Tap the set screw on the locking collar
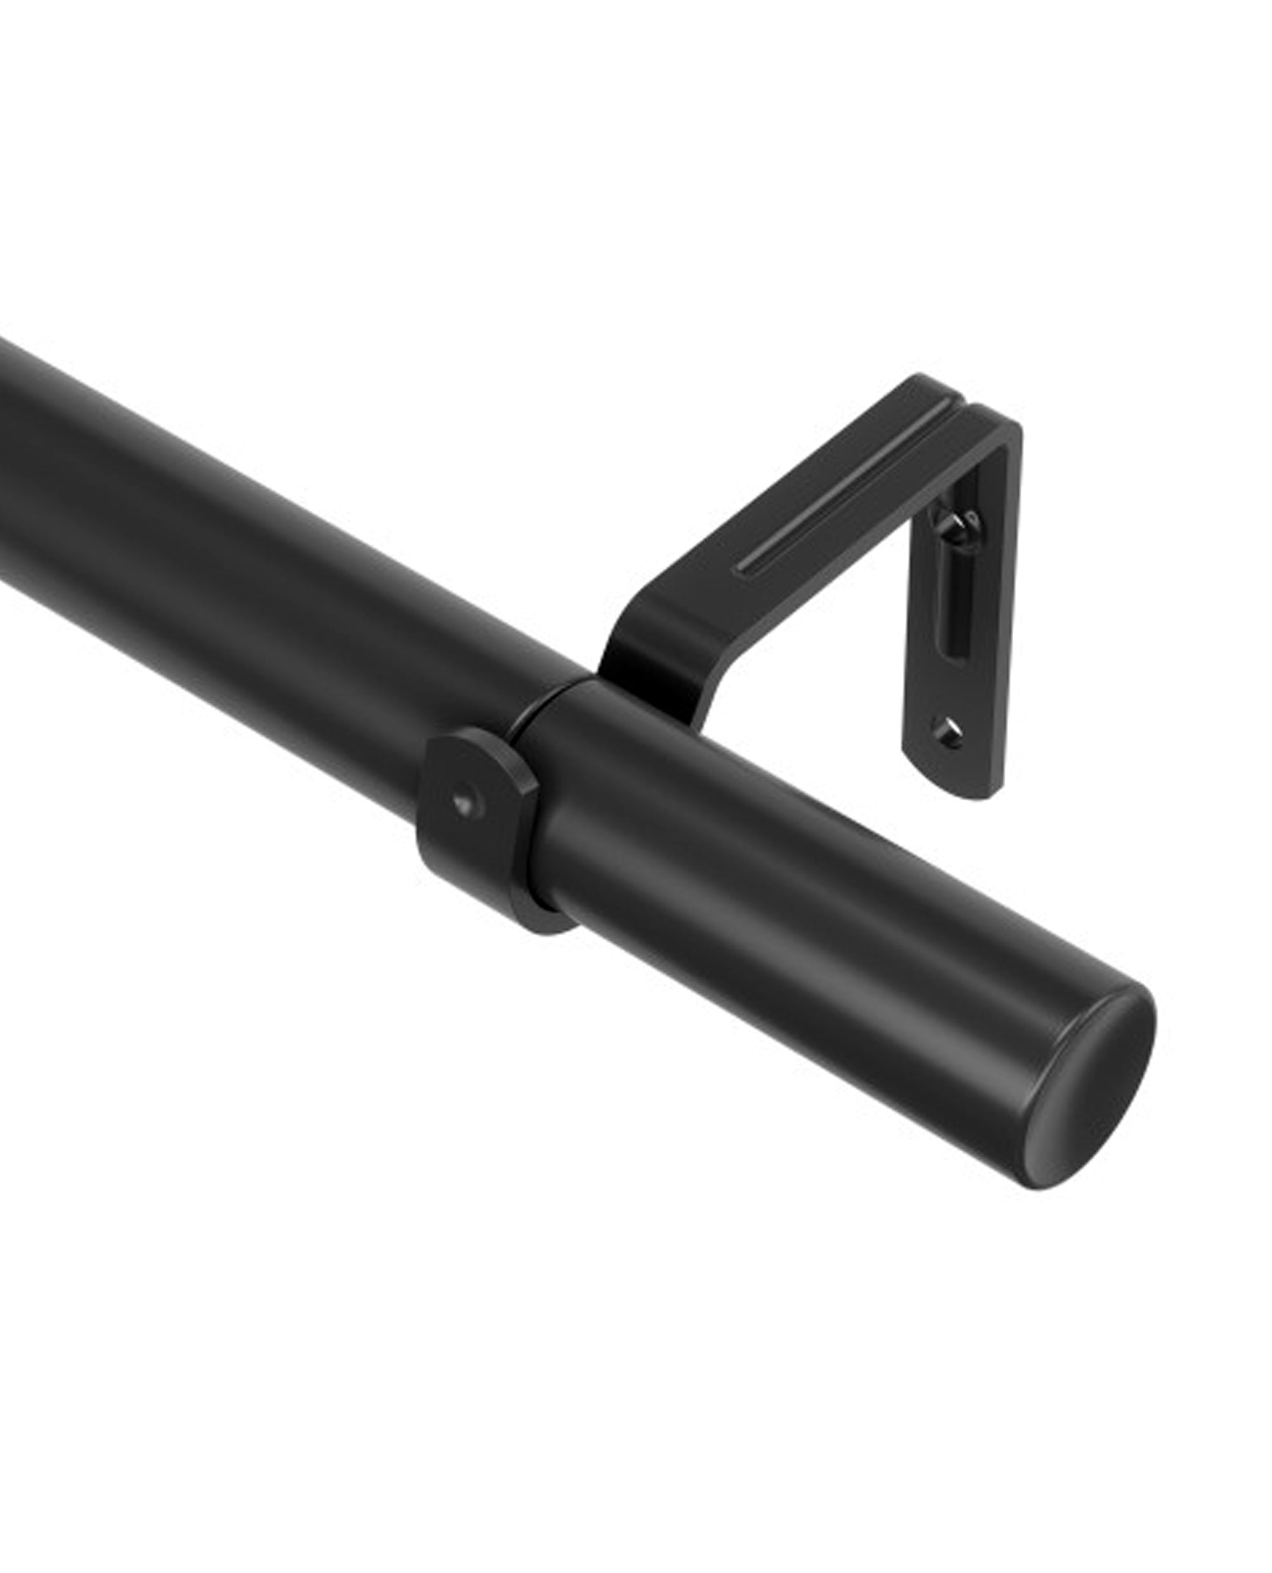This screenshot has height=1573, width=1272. [462, 803]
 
